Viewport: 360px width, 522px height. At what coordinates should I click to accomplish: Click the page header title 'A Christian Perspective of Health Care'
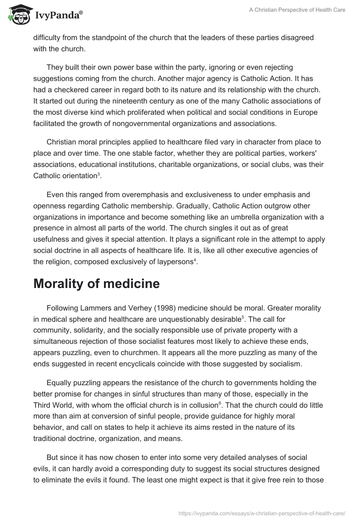pyautogui.click(x=297, y=9)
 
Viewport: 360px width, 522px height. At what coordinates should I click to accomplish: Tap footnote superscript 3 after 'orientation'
pyautogui.click(x=99, y=173)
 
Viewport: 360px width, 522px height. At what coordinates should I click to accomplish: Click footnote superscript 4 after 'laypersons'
pyautogui.click(x=195, y=260)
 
